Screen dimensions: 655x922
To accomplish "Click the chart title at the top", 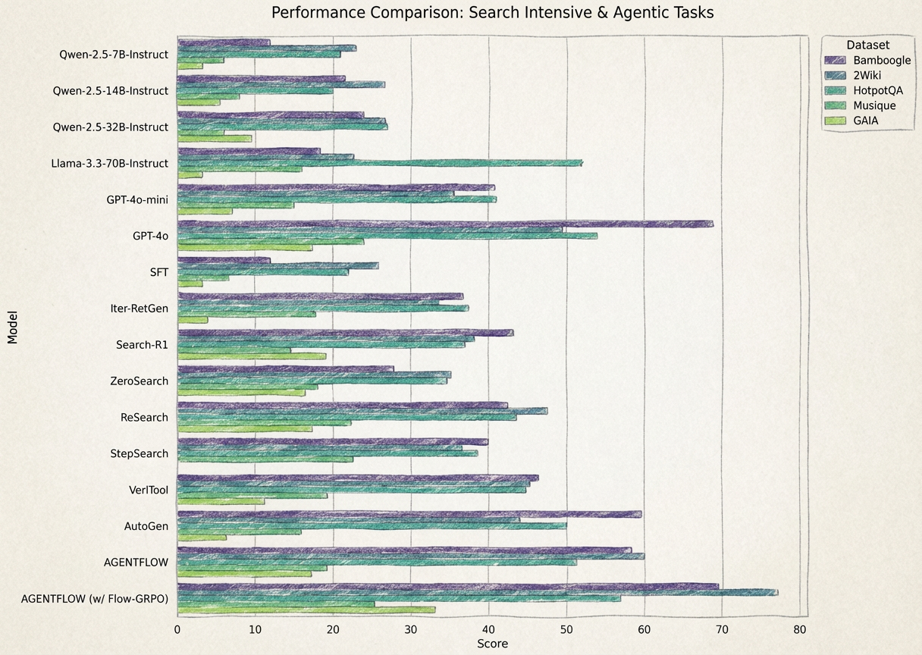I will click(492, 13).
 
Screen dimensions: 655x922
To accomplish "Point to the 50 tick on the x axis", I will click(566, 628).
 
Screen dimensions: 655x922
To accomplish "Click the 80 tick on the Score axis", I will click(800, 628).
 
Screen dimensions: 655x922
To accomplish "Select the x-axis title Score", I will click(492, 644).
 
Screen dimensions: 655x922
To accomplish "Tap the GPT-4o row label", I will click(150, 236).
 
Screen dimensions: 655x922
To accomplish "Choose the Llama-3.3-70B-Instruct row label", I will click(110, 163).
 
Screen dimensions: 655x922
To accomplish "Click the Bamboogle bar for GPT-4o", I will click(445, 224).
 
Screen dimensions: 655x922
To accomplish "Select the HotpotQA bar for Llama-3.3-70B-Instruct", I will click(379, 163).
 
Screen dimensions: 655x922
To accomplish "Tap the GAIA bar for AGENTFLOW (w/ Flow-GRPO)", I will click(306, 609).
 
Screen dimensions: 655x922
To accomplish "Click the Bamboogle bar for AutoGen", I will click(409, 514).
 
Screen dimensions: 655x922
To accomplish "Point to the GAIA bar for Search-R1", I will click(252, 356).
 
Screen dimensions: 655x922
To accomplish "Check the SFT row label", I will click(159, 272).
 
